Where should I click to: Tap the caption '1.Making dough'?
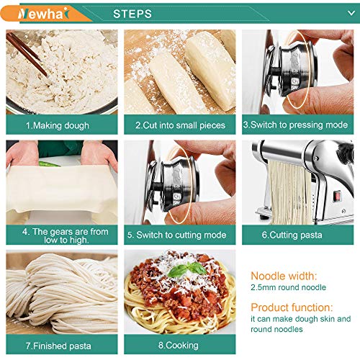(58, 125)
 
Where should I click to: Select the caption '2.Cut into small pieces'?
(179, 125)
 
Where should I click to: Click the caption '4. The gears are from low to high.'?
(60, 235)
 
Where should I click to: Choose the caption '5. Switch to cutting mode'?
(179, 235)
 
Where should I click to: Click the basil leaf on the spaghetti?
(177, 271)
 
